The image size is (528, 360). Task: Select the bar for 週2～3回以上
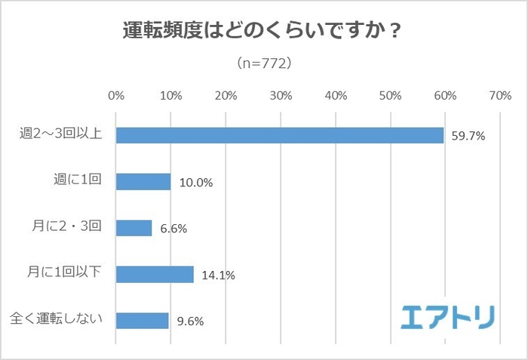coord(279,135)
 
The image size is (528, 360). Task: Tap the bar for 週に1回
coord(143,182)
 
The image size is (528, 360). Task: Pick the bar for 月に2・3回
coord(134,228)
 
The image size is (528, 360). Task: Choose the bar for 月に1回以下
coord(155,274)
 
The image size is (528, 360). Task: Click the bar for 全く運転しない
coord(142,320)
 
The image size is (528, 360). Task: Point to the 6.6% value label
coord(173,229)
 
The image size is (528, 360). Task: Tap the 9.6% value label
coord(189,321)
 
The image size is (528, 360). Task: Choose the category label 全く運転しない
coord(59,320)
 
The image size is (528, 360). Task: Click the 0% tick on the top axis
coord(116,96)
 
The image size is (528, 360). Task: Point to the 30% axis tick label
coord(281,96)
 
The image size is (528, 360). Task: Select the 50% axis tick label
coord(390,96)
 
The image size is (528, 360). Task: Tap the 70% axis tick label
coord(499,96)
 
